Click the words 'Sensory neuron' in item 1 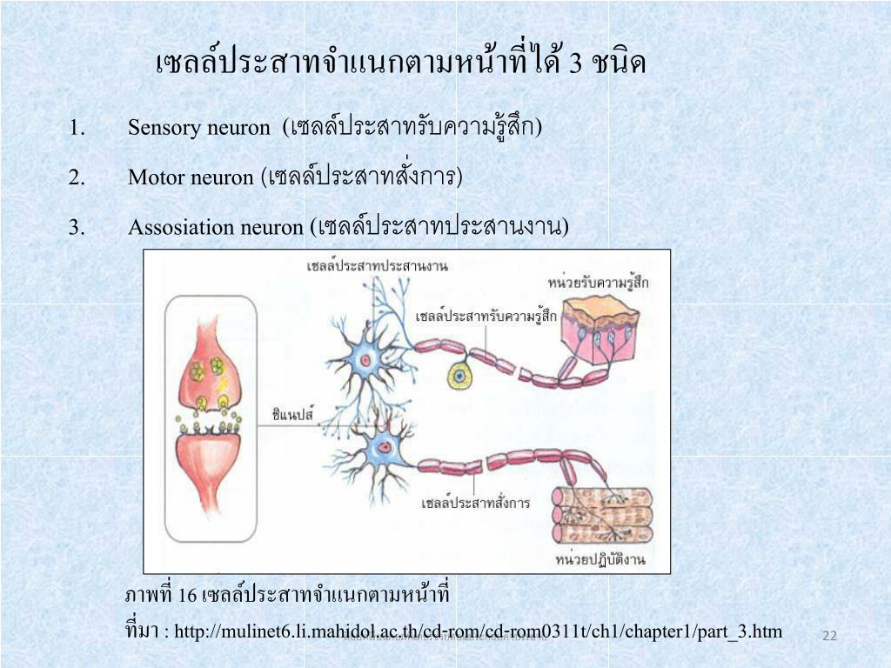coord(199,128)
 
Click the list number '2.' coord(77,177)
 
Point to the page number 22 coord(829,637)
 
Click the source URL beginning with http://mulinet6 coord(478,631)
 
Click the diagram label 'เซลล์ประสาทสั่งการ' coord(475,503)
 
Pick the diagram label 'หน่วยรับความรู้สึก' coord(599,283)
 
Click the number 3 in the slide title coord(574,63)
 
